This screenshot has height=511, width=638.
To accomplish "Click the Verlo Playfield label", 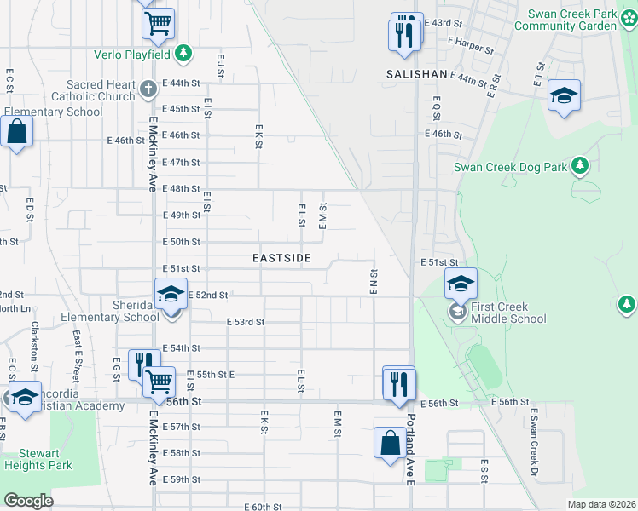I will tap(133, 55).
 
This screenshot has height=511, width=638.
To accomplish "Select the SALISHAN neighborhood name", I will tap(416, 74).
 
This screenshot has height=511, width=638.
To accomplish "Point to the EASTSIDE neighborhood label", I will tap(281, 257).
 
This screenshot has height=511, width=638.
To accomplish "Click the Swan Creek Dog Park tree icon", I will tap(580, 165).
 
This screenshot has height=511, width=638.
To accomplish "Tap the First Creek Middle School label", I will tap(509, 313).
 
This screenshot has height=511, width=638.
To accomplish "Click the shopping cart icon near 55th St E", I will tap(159, 382).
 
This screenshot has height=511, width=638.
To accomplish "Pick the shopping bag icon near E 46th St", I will tap(16, 132).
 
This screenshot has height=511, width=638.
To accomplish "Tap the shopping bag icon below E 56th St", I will tap(390, 443).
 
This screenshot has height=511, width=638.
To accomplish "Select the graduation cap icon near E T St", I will tap(564, 95).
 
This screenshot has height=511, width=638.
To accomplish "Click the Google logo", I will tap(28, 500).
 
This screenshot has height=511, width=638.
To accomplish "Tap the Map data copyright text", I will tap(601, 504).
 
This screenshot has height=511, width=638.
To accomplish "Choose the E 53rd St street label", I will tap(247, 322).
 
